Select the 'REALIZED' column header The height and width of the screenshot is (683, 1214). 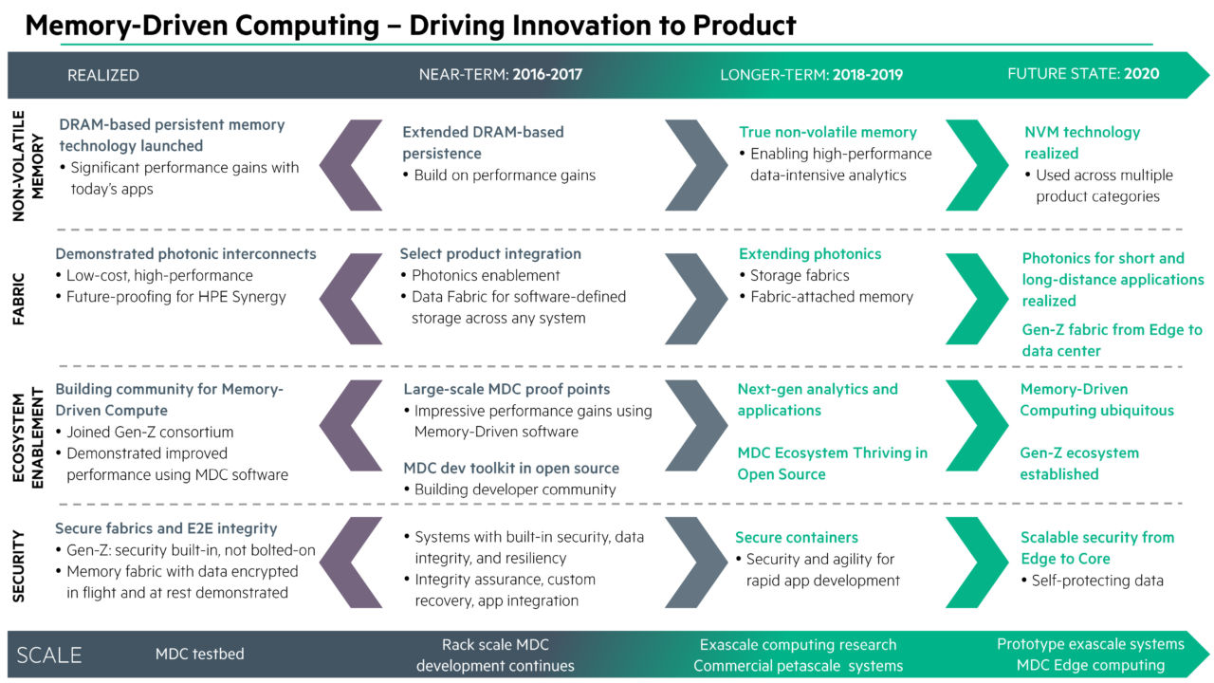click(103, 75)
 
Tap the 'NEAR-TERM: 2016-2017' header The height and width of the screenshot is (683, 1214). click(500, 75)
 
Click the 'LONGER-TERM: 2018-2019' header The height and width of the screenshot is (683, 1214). click(811, 75)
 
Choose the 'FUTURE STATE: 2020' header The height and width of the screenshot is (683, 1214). click(1083, 74)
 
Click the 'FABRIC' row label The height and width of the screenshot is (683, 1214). click(20, 297)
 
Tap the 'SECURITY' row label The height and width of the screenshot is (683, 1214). click(20, 564)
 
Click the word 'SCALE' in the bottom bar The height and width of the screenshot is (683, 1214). click(49, 655)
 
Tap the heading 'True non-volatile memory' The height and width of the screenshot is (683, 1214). click(828, 133)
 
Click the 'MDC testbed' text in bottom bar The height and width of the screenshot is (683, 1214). click(199, 654)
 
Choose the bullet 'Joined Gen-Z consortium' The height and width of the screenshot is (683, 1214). click(150, 432)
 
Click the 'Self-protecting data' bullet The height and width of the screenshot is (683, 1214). click(1096, 580)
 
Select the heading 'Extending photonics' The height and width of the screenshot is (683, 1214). click(810, 254)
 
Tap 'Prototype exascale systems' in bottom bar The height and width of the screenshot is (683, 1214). click(1090, 644)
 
